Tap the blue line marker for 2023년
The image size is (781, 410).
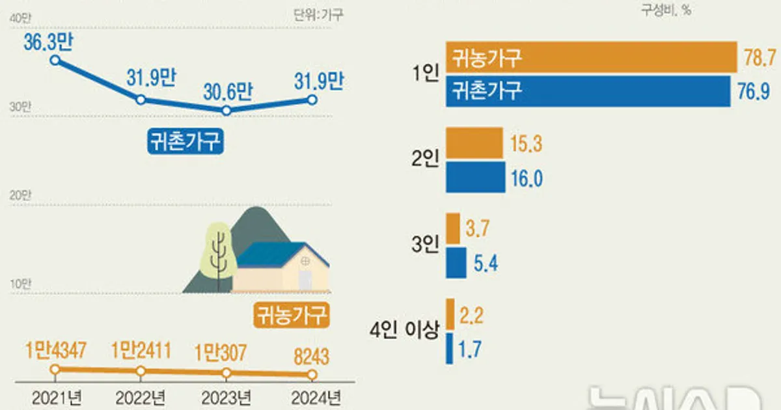coord(226,111)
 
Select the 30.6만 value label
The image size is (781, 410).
coord(226,90)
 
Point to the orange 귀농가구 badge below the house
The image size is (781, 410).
coord(290,316)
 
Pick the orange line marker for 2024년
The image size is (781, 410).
coord(312,375)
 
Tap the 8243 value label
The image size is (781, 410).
coord(311,356)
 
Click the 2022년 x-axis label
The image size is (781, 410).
coord(141,396)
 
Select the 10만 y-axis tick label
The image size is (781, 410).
coord(20,283)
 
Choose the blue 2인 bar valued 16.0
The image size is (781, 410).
coord(476,178)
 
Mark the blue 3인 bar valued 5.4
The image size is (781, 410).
coord(456,263)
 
